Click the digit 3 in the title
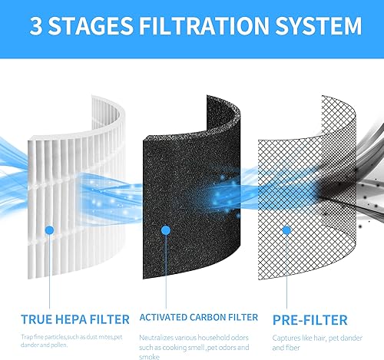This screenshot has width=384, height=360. click(39, 26)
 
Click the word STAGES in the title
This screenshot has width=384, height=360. click(97, 26)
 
